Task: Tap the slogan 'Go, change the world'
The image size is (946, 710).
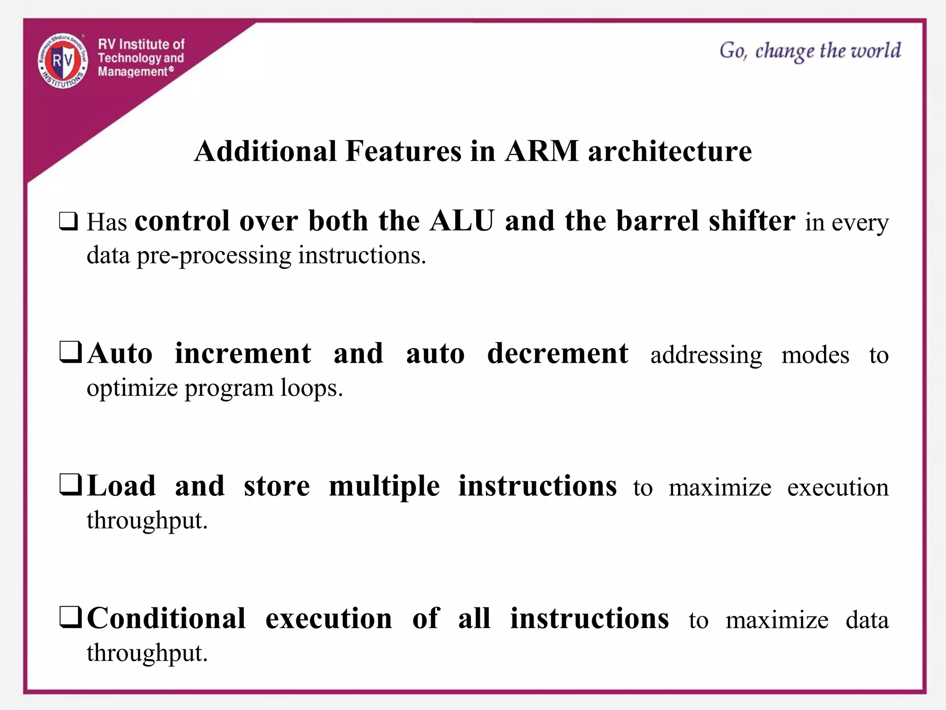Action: click(810, 51)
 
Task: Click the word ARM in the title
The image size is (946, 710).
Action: click(541, 151)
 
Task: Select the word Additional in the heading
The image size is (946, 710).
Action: click(265, 151)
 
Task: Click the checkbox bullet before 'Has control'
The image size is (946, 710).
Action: click(68, 221)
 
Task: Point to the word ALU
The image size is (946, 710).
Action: click(462, 220)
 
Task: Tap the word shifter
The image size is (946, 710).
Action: click(752, 220)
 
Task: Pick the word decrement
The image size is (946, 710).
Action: click(558, 354)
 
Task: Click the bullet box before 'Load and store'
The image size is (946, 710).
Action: click(71, 485)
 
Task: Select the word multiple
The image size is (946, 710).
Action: click(384, 487)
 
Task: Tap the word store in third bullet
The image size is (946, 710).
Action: click(277, 486)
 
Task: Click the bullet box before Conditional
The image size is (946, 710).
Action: click(71, 618)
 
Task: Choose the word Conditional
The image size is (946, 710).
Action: click(166, 618)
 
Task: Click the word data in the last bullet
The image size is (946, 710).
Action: click(867, 620)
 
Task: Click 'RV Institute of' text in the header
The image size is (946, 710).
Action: click(141, 44)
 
